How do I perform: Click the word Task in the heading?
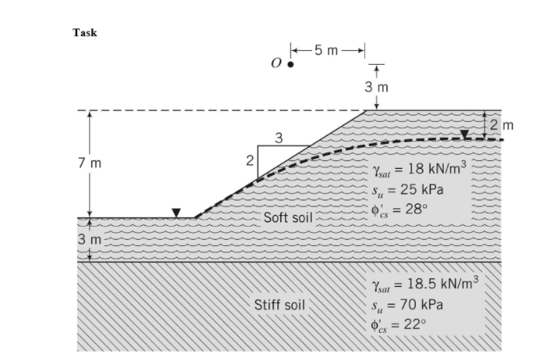(x=85, y=32)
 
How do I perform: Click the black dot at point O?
(x=290, y=65)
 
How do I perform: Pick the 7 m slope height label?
(x=89, y=163)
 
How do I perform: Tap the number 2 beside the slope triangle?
(x=249, y=161)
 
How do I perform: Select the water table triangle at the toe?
(x=176, y=212)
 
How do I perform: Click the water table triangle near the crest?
(x=464, y=134)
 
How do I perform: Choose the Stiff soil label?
(x=279, y=304)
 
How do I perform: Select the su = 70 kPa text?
(x=407, y=304)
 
